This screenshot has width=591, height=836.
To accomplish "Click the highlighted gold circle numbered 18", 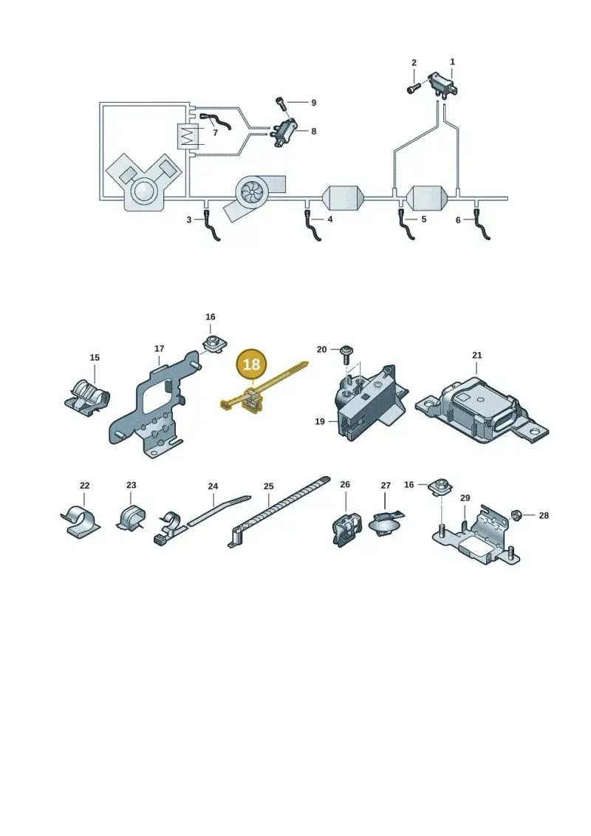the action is click(251, 364).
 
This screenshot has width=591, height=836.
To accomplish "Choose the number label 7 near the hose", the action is click(215, 133).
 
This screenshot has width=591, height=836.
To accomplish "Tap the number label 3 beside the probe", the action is click(188, 220).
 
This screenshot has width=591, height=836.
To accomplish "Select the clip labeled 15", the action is click(88, 397).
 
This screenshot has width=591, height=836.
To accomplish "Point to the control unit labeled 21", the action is click(482, 407).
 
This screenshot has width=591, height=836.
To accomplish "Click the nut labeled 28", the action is click(516, 515).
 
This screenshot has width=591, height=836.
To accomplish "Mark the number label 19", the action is click(320, 422).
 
